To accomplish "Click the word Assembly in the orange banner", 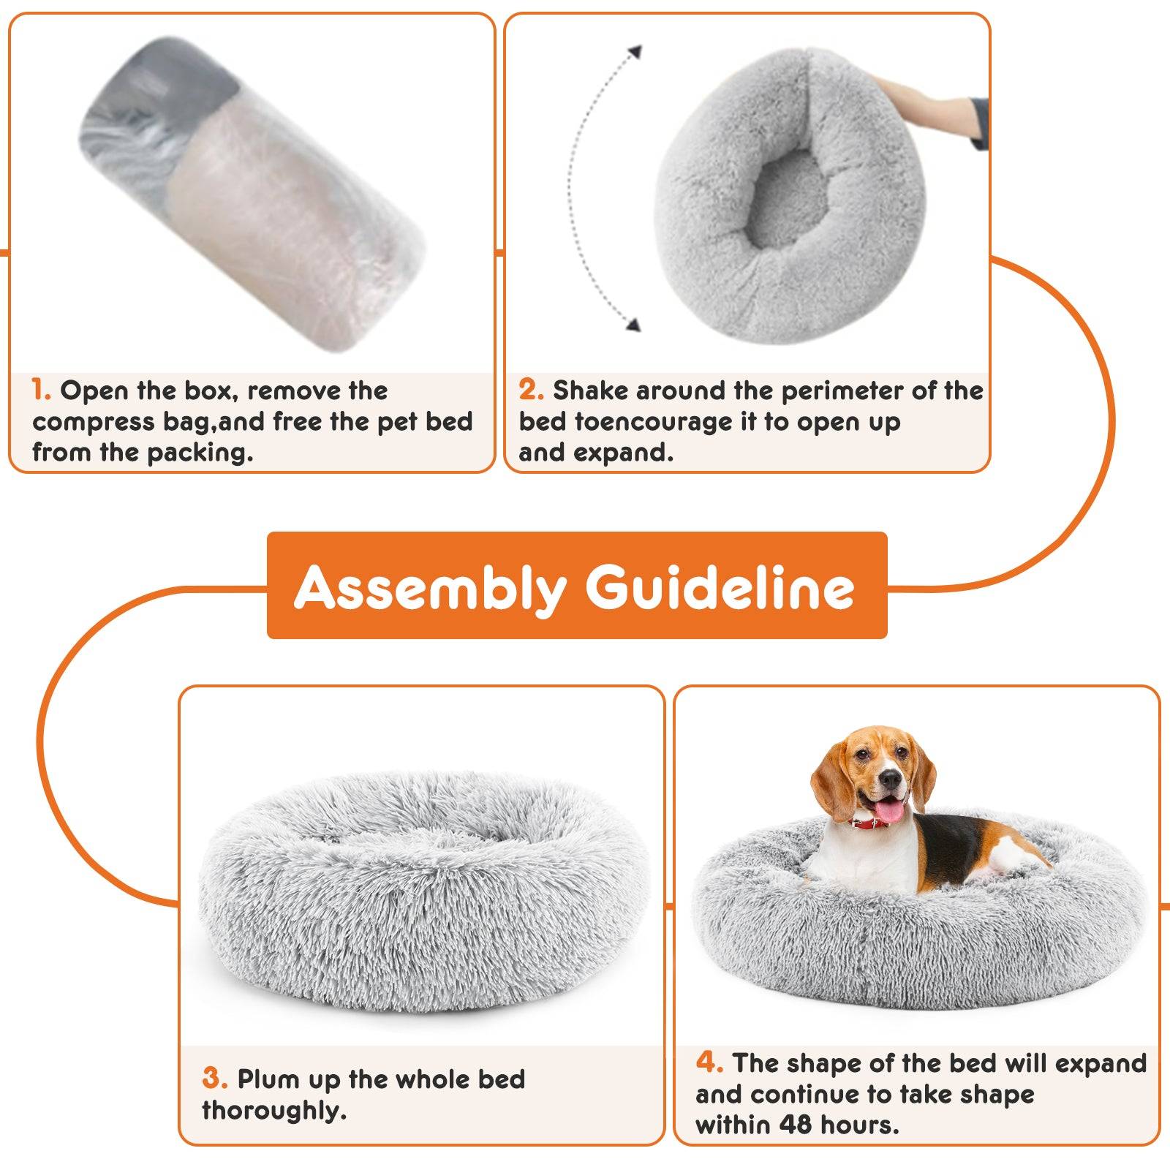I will pyautogui.click(x=430, y=587).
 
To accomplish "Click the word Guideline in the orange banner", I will pyautogui.click(x=720, y=587).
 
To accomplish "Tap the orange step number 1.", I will pyautogui.click(x=41, y=390).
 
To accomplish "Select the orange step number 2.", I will pyautogui.click(x=531, y=390).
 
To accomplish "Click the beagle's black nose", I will pyautogui.click(x=890, y=780).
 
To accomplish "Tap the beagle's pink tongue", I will pyautogui.click(x=889, y=810).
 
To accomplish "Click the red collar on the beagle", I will pyautogui.click(x=870, y=822).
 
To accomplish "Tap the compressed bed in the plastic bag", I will pyautogui.click(x=252, y=194).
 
